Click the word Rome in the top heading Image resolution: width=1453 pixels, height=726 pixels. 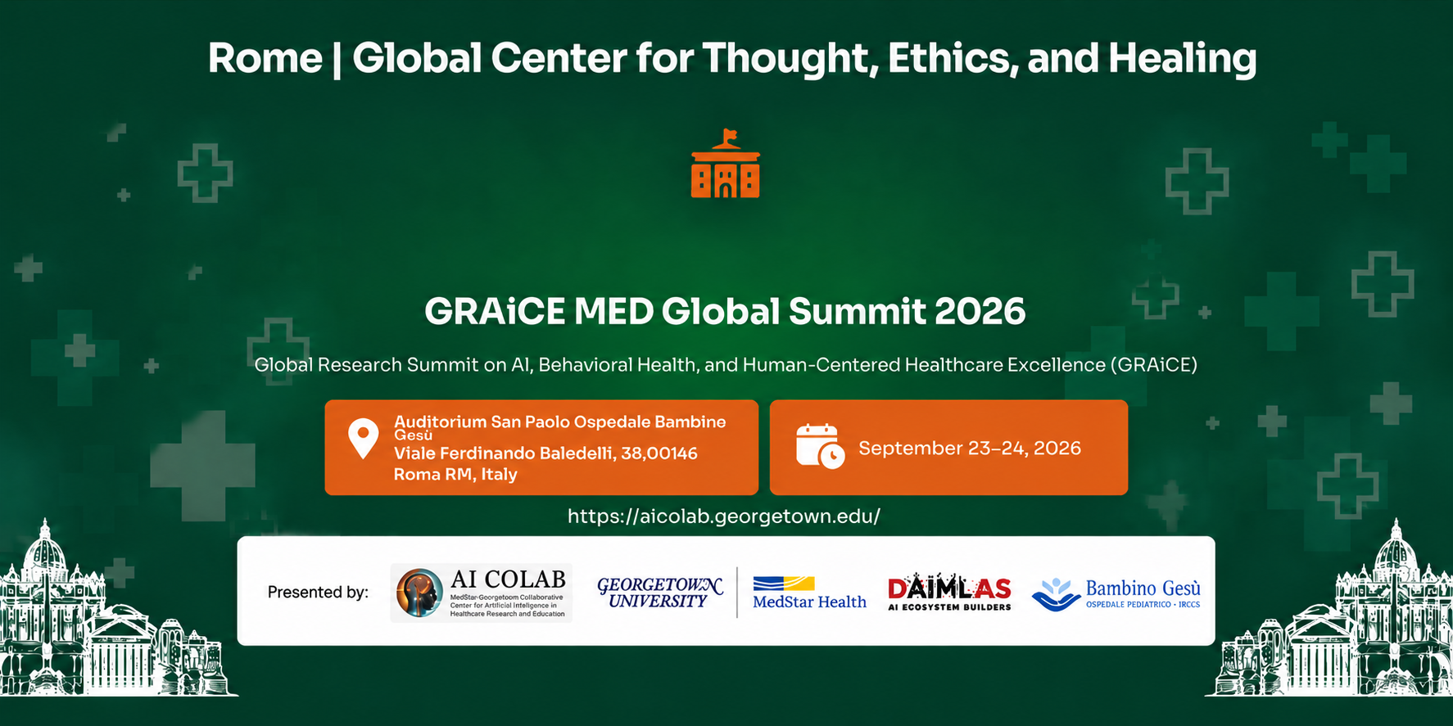[265, 58]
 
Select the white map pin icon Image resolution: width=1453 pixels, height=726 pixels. [364, 439]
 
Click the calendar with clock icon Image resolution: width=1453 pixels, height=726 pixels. [820, 447]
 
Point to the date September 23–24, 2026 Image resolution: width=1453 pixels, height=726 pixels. [970, 448]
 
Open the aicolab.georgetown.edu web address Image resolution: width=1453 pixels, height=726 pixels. [724, 516]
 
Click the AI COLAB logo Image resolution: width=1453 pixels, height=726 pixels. [482, 593]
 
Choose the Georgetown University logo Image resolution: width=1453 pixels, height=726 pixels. [660, 593]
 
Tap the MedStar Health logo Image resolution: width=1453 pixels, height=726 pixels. [809, 593]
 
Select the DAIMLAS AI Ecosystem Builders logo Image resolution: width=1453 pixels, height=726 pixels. [950, 593]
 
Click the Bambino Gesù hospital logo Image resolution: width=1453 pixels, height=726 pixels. [1116, 593]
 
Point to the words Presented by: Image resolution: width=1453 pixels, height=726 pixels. [318, 592]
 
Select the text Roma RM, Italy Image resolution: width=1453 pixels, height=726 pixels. [455, 474]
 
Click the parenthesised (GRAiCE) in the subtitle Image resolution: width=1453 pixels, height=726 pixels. [1153, 365]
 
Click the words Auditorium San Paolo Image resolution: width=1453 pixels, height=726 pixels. [482, 422]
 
